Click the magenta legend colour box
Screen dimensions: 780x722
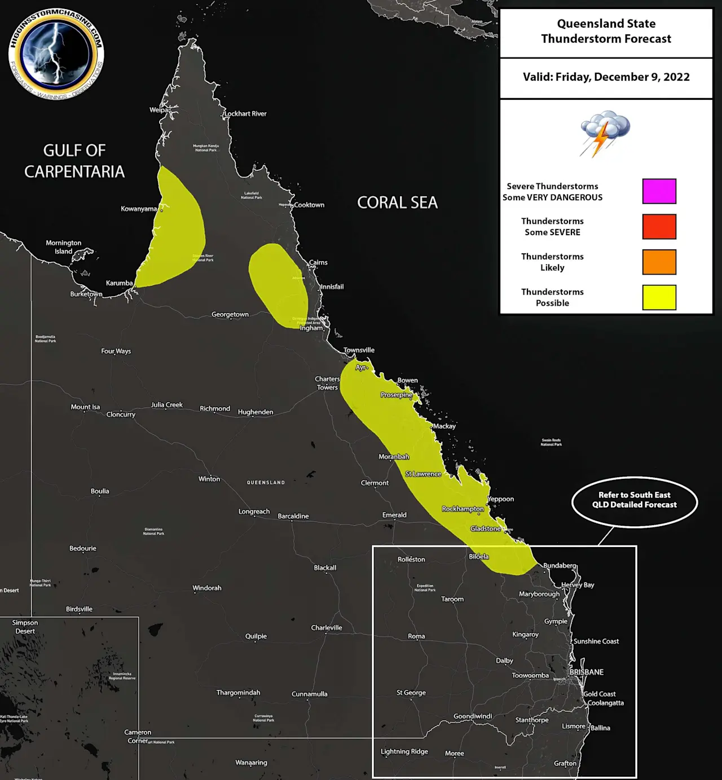(659, 191)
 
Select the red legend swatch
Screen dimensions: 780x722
(659, 227)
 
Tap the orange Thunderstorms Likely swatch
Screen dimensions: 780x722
(659, 262)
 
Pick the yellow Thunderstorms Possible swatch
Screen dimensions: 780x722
(659, 297)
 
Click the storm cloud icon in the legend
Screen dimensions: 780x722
(604, 133)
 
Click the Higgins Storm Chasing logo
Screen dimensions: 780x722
(56, 54)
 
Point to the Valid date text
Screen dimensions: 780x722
(606, 77)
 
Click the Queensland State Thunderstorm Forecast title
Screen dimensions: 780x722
(606, 31)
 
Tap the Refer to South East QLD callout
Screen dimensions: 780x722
(634, 500)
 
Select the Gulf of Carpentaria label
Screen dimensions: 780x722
(74, 161)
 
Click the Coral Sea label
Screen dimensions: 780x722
(397, 202)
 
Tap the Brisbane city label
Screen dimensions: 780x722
(587, 672)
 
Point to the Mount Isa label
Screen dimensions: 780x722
(85, 407)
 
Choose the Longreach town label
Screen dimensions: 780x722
(254, 512)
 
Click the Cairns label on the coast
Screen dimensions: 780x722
(318, 263)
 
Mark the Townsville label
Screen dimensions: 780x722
(359, 350)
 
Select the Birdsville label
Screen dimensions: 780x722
(79, 609)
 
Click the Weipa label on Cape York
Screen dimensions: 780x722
(159, 110)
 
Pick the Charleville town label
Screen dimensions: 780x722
(327, 628)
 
